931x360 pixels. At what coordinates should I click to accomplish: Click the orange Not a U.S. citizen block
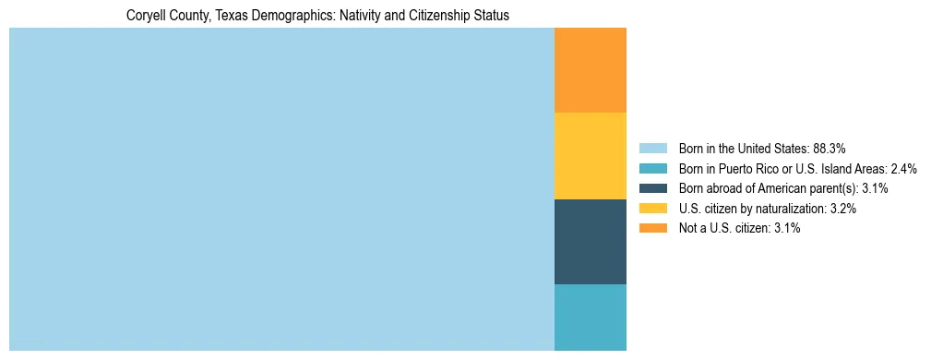click(x=591, y=70)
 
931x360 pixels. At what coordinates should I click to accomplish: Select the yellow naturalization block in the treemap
click(x=591, y=156)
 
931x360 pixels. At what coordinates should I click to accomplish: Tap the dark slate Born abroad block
click(x=591, y=242)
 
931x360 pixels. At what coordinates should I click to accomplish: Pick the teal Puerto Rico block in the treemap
click(x=591, y=318)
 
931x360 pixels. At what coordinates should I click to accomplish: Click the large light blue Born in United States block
click(x=281, y=189)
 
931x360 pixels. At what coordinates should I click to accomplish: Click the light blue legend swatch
click(x=652, y=149)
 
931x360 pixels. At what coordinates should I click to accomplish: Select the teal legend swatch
click(x=652, y=169)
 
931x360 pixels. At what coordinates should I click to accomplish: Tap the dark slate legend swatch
click(x=652, y=188)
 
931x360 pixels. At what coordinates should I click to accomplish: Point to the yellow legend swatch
click(x=652, y=209)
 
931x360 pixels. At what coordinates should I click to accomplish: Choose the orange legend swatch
click(x=652, y=229)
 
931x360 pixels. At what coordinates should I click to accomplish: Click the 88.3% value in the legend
click(x=830, y=149)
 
